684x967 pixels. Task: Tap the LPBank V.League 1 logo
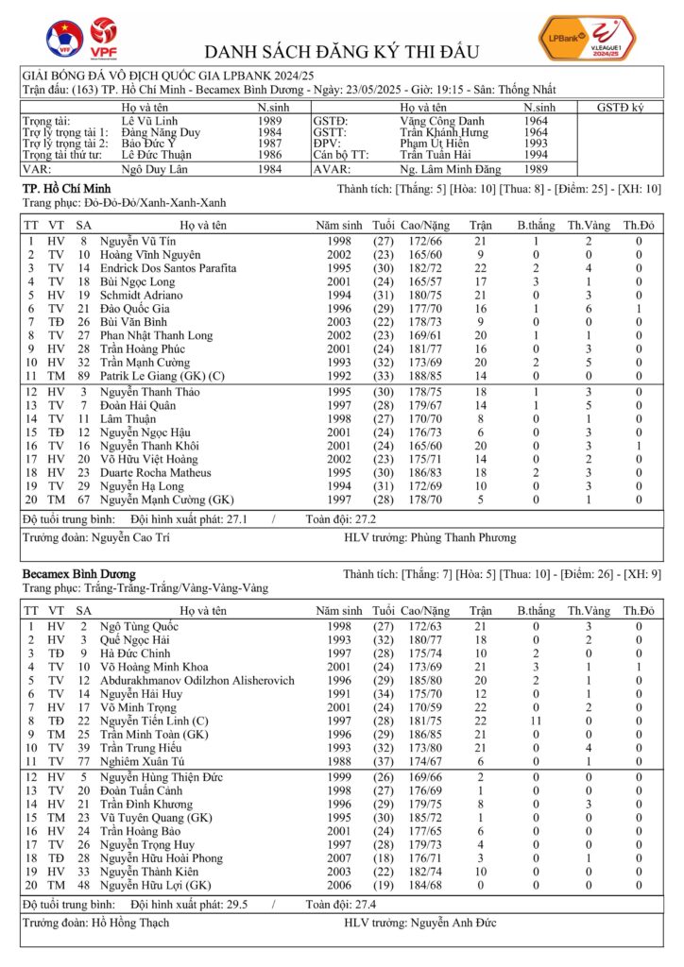pos(586,39)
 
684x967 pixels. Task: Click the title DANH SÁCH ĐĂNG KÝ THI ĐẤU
pos(341,51)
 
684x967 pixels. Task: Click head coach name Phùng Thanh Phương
pos(463,537)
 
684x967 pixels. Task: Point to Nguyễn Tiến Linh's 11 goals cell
pos(535,720)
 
